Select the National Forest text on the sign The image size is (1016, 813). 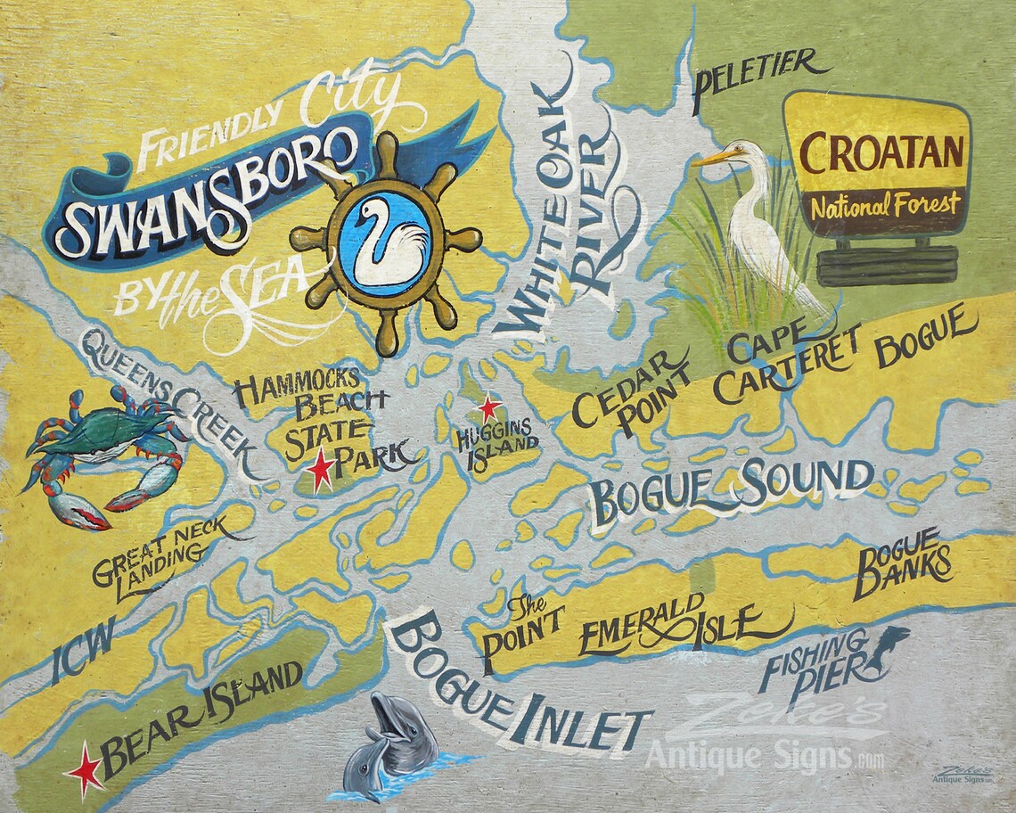[x=884, y=203]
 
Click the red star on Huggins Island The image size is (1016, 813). [x=488, y=408]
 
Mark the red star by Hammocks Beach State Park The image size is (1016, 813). [x=322, y=470]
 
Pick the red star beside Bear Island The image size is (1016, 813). [x=86, y=767]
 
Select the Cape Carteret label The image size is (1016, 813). [x=784, y=361]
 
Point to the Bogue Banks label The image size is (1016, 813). [x=900, y=563]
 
